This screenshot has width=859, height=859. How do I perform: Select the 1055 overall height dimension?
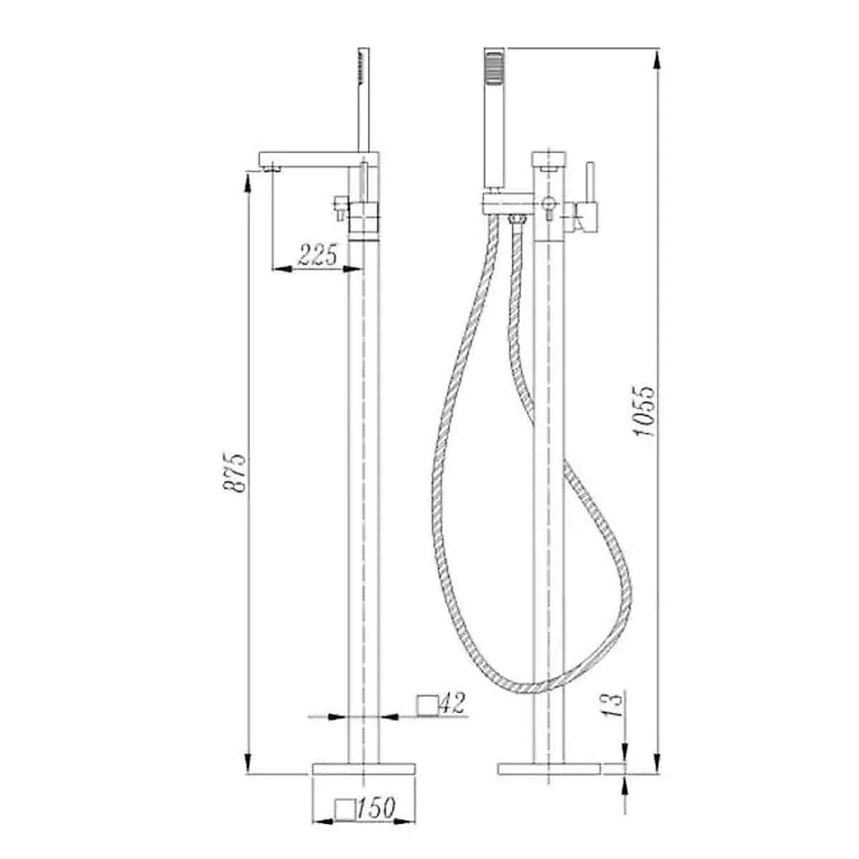644,412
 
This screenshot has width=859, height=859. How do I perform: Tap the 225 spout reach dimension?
317,255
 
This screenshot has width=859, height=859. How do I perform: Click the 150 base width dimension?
376,809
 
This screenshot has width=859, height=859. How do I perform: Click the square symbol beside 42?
427,704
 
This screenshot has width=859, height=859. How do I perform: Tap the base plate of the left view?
364,769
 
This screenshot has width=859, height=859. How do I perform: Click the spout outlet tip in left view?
269,168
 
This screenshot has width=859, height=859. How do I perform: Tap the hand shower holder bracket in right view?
506,203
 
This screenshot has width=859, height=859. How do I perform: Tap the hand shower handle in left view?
364,100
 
